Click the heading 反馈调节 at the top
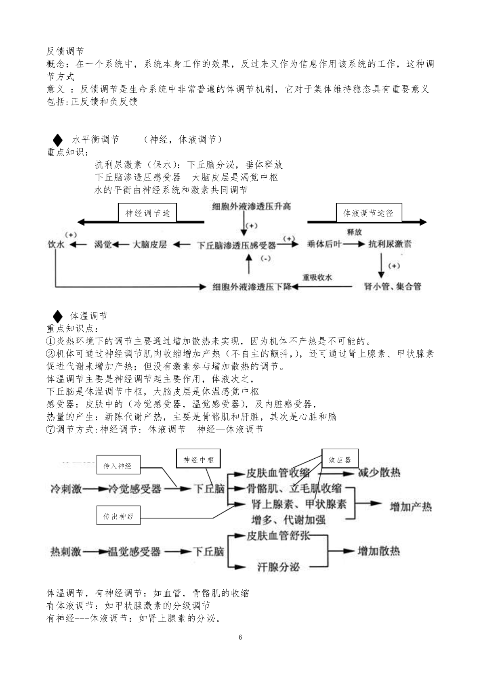65,51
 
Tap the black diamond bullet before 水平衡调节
57,140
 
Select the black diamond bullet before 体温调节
57,317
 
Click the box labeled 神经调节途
147,213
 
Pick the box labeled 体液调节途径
369,213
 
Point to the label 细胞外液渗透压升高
252,207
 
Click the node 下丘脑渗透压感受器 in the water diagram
236,245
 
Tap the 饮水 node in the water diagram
56,244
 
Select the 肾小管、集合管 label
393,286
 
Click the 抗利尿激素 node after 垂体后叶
390,244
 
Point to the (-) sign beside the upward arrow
266,258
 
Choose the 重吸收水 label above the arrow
317,277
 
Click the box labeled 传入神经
118,464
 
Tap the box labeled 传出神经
118,515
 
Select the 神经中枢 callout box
198,458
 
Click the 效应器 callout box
340,458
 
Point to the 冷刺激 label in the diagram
66,489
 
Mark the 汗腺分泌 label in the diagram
278,567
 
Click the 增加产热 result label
411,507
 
